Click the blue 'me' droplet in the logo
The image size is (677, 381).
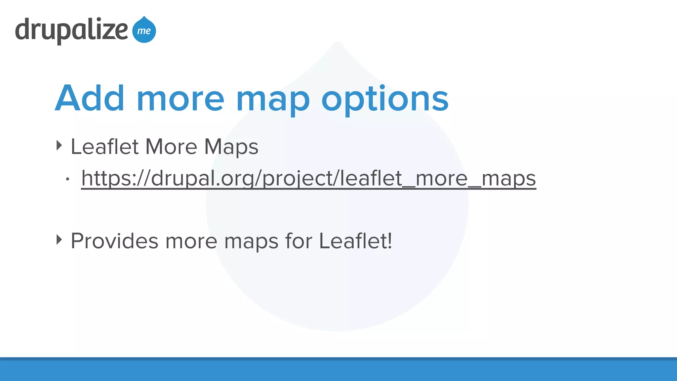pos(144,30)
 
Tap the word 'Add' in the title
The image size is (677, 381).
pos(90,98)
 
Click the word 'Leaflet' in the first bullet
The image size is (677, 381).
pos(104,147)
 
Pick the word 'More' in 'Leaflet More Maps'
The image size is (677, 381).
pos(171,147)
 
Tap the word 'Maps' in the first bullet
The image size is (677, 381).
pos(231,147)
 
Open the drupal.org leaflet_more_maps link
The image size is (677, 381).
pos(308,179)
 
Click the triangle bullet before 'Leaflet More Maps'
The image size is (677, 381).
pos(59,146)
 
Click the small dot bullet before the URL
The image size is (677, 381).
pos(67,179)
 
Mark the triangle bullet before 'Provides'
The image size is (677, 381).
pos(59,240)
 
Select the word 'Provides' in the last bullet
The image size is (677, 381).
pos(114,241)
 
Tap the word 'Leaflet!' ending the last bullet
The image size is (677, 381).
pos(355,241)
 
